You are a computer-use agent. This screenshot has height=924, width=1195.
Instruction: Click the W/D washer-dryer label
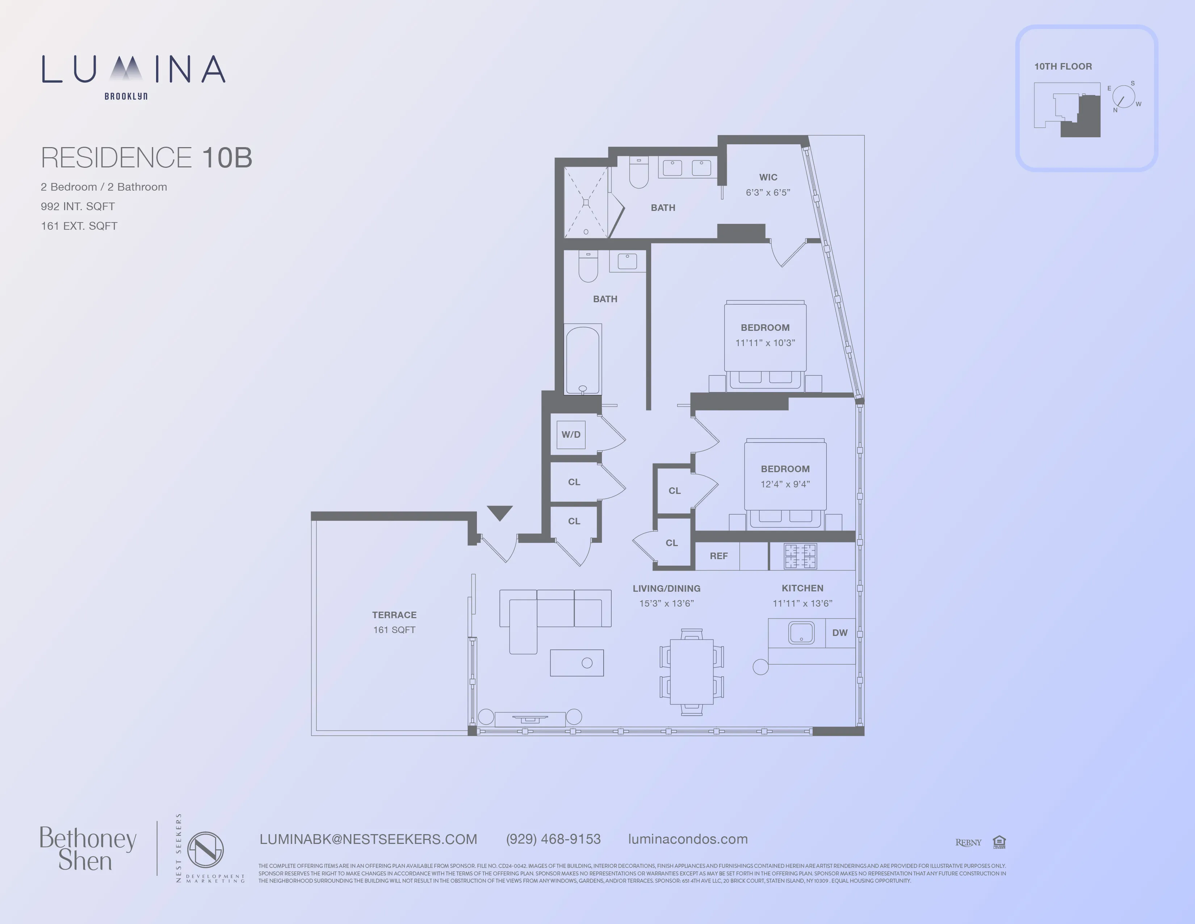tap(571, 434)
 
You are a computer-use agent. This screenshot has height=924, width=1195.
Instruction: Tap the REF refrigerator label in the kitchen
tap(718, 556)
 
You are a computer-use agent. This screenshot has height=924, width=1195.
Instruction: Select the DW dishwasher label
tap(839, 633)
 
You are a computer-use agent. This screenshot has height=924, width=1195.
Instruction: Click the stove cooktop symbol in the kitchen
tap(800, 556)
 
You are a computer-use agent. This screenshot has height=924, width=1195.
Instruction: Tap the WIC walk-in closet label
tap(768, 177)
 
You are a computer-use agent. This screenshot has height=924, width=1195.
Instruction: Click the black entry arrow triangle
tap(500, 512)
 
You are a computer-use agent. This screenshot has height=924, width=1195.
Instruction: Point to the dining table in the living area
tap(692, 672)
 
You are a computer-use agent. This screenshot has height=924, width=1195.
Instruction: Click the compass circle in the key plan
tap(1123, 97)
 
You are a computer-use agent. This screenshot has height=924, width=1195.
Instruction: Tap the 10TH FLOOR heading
tap(1062, 67)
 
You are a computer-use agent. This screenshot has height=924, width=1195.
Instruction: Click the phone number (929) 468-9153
tap(553, 839)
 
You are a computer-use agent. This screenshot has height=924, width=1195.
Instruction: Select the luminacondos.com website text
tap(688, 839)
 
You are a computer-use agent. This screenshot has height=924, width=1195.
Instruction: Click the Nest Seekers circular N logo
tap(205, 850)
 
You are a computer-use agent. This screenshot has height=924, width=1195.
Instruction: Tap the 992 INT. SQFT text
tap(78, 207)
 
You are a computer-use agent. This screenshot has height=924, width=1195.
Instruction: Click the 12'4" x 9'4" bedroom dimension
tap(785, 484)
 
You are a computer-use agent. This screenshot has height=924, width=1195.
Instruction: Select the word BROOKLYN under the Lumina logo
tap(126, 96)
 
